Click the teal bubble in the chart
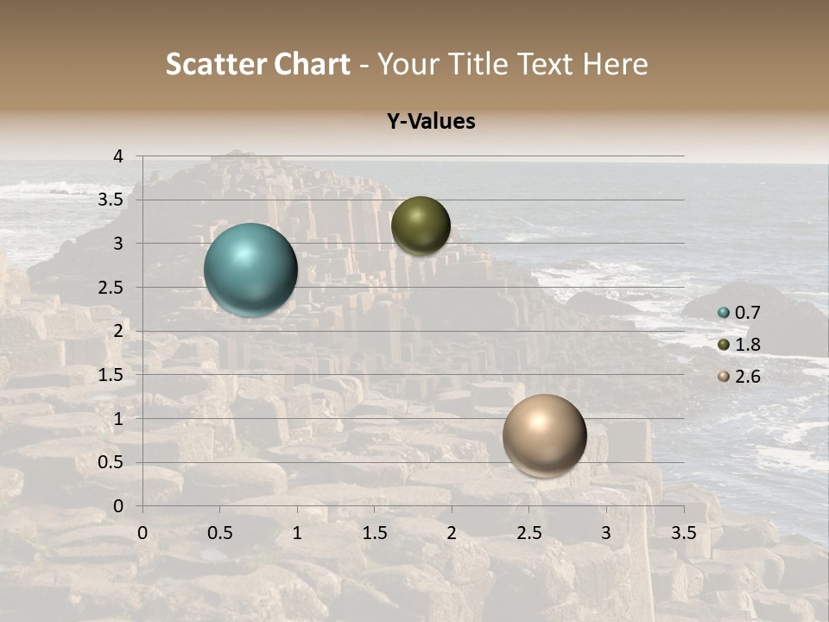tap(250, 270)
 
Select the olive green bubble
tap(421, 225)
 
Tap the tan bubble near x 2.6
tap(544, 435)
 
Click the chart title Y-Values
tap(431, 122)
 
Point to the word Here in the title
tap(615, 64)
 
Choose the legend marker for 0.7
tap(724, 313)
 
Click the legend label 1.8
tap(747, 345)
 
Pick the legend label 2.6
tap(747, 377)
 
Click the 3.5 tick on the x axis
tap(684, 532)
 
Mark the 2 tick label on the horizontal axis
tap(452, 532)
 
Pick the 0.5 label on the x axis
tap(219, 532)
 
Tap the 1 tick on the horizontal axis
tap(297, 532)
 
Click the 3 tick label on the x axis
tap(606, 532)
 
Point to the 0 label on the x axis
tap(142, 532)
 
